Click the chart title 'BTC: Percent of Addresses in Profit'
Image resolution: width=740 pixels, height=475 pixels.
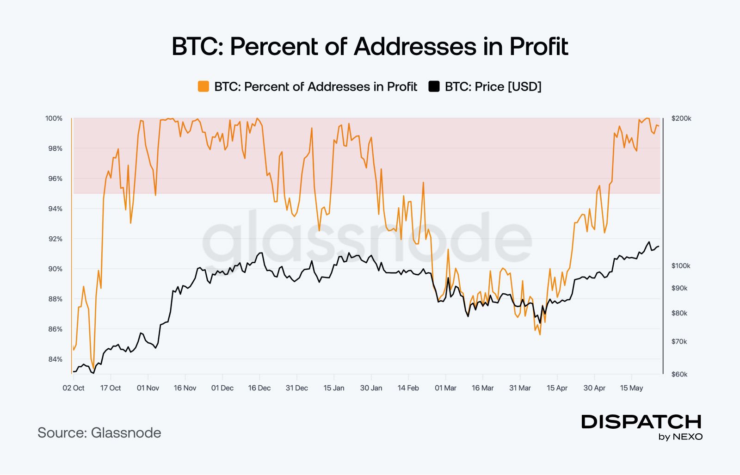point(370,47)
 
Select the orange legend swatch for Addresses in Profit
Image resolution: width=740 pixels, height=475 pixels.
point(203,86)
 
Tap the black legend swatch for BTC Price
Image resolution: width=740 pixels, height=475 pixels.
point(434,86)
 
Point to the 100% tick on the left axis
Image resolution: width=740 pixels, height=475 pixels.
point(54,118)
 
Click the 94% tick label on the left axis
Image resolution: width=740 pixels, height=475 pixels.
point(55,209)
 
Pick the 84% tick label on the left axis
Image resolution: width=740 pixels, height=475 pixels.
point(55,359)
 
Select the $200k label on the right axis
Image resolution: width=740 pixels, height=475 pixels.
point(681,118)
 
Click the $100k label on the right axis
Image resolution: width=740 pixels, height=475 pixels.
point(681,266)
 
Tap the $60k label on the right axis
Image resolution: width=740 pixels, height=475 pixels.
point(679,374)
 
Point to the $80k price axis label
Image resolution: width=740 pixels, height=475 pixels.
point(679,313)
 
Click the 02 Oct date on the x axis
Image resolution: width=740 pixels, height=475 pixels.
point(74,388)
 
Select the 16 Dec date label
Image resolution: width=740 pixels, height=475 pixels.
point(259,388)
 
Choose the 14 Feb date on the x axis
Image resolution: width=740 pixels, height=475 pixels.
point(408,388)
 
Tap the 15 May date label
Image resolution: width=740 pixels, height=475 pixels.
point(631,388)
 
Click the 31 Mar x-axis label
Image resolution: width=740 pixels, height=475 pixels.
point(520,388)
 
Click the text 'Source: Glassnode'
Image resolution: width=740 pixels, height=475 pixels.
point(99,433)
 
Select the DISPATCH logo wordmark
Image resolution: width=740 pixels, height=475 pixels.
point(641,422)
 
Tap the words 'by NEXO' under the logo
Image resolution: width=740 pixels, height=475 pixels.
point(680,437)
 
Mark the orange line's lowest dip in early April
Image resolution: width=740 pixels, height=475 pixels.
point(540,334)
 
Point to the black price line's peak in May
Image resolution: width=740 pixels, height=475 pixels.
point(649,242)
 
